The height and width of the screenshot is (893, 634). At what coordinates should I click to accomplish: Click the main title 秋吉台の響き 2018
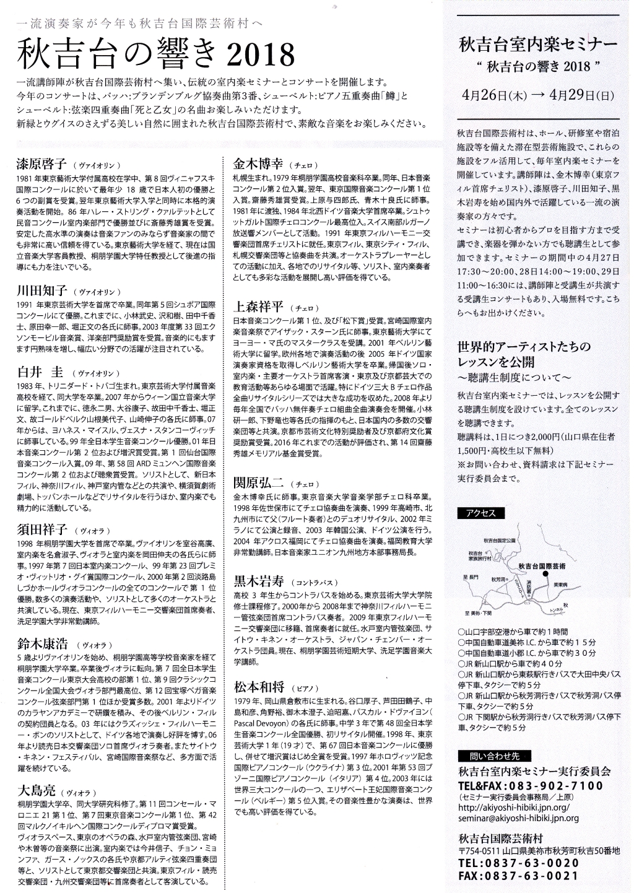point(154,54)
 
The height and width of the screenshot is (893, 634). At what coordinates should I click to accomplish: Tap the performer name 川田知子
point(41,291)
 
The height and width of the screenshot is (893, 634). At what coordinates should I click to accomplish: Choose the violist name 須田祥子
point(41,529)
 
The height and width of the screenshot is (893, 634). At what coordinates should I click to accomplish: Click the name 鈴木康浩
point(41,643)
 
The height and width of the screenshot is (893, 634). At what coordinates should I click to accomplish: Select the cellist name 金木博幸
point(258,163)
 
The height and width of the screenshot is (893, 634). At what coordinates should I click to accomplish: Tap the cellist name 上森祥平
point(258,307)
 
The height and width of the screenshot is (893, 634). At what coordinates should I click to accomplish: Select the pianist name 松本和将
point(258,687)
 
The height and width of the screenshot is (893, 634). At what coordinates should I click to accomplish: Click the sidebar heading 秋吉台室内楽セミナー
point(537,45)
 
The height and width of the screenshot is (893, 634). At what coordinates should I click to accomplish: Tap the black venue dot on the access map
point(546,574)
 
